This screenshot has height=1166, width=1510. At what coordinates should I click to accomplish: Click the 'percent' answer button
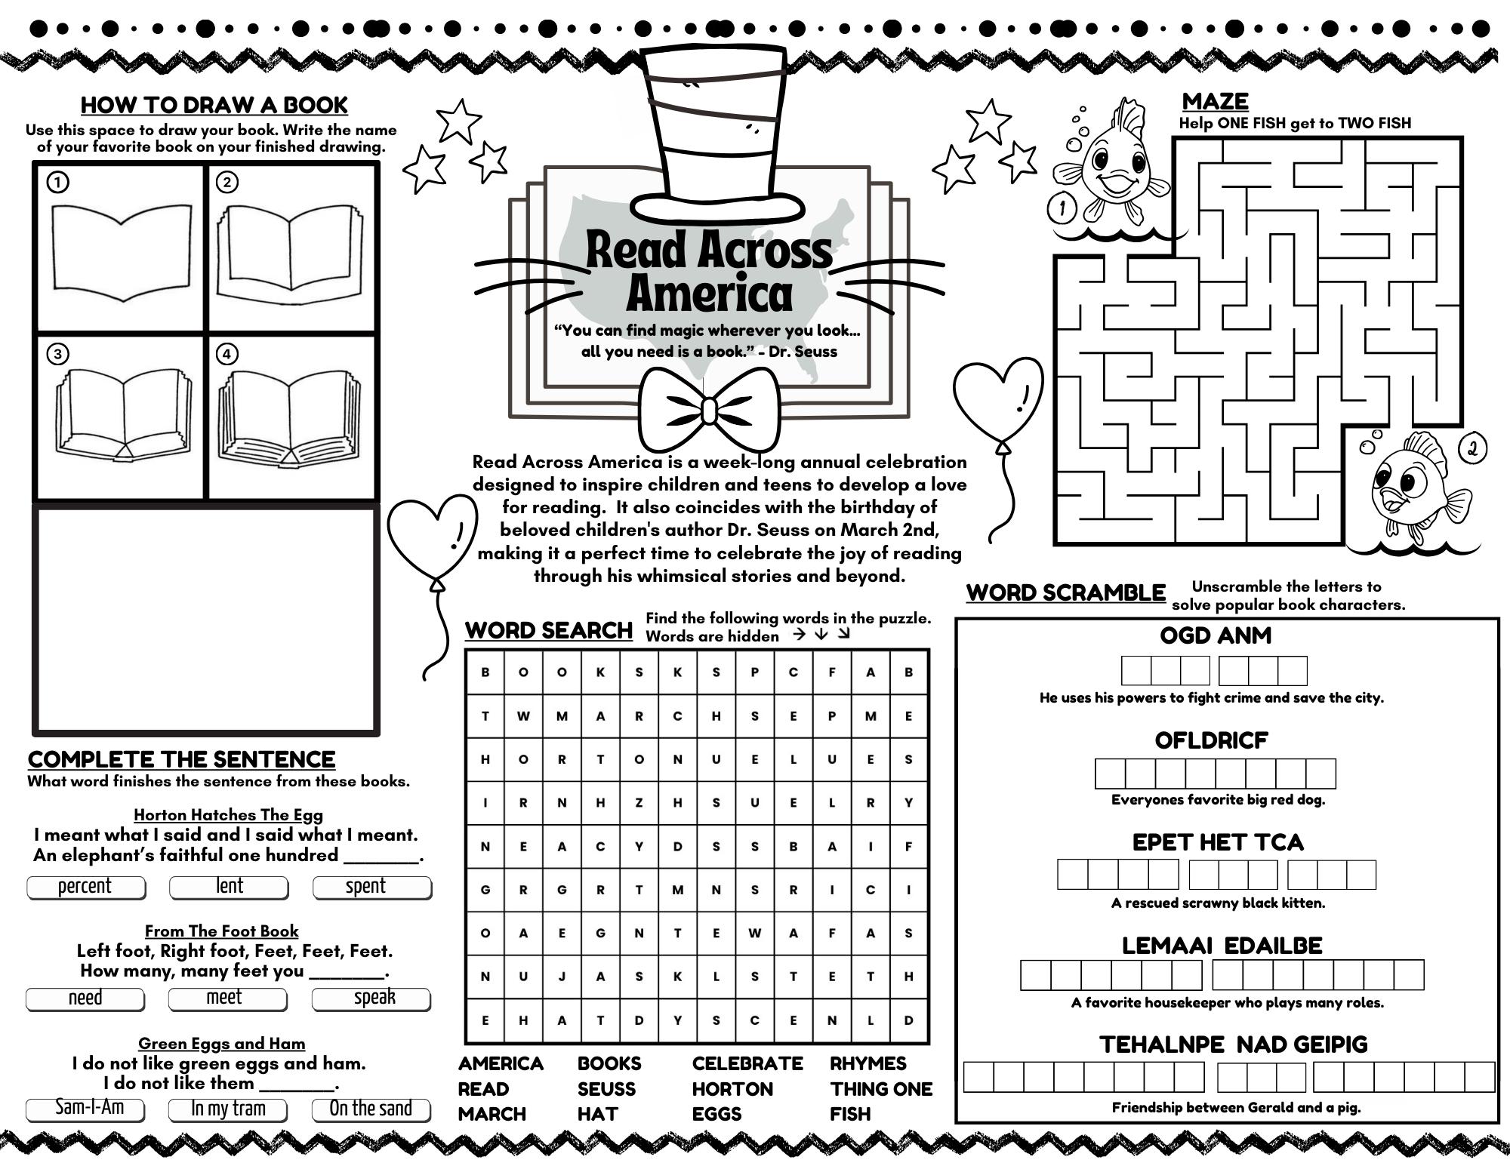85,887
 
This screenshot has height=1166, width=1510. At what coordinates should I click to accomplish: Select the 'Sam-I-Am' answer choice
85,1109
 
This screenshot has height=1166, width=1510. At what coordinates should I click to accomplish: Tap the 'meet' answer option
227,998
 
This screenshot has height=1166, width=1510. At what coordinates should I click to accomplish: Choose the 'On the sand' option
371,1109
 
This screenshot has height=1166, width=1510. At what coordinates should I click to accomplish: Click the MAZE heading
1215,101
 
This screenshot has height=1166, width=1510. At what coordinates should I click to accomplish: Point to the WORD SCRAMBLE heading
1066,593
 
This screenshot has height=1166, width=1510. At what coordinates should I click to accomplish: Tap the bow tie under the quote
708,411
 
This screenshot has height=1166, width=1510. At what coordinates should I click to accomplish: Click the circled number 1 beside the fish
1062,208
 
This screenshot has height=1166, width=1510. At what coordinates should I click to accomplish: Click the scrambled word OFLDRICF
1211,741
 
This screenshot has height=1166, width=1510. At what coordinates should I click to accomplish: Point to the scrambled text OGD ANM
1216,635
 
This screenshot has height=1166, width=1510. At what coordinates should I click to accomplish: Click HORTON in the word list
732,1089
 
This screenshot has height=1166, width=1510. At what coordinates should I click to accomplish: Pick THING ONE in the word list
881,1089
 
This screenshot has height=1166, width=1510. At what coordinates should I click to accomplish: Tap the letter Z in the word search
639,803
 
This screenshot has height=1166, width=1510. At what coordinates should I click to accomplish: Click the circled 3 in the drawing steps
57,354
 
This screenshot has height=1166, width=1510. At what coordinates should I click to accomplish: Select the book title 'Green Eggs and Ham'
221,1044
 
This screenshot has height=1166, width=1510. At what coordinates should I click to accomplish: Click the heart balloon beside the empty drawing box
433,532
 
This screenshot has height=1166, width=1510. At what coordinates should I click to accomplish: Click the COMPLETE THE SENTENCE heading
181,759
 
